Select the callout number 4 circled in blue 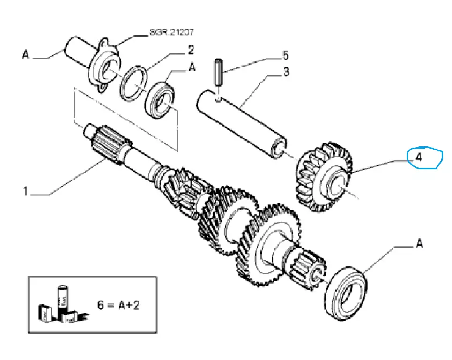[420, 157]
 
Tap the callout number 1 [27, 191]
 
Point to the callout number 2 [191, 50]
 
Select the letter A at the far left [25, 55]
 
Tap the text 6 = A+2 [119, 305]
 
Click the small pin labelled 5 [218, 72]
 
